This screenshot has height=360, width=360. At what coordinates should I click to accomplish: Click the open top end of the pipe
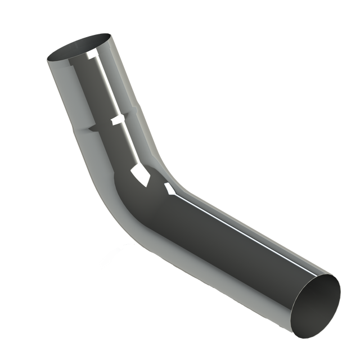coord(80,48)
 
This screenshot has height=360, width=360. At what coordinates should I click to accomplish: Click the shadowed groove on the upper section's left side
coord(89,129)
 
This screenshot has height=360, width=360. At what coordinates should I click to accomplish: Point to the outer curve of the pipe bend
coord(121,225)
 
